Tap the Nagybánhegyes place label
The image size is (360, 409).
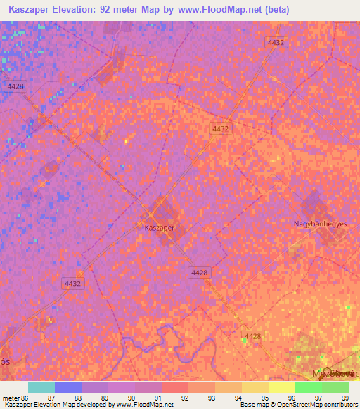tap(321, 223)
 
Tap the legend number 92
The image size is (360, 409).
tap(184, 398)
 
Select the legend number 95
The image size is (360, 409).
tap(264, 398)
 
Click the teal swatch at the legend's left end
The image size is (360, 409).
tap(41, 387)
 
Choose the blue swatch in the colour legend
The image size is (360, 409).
tap(68, 387)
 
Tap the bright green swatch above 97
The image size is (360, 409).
tap(308, 387)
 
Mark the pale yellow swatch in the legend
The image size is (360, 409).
tap(281, 387)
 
